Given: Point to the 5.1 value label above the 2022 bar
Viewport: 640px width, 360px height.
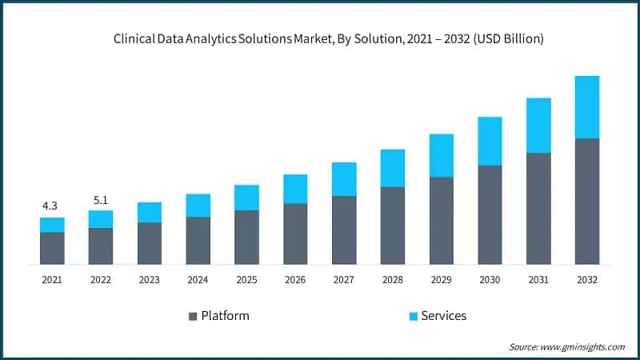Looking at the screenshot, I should coord(101,199).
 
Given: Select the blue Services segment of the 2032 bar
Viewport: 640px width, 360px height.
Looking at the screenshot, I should coord(587,107).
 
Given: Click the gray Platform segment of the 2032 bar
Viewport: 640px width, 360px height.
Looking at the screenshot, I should coord(587,201).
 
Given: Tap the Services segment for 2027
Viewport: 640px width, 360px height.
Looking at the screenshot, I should coord(344,179).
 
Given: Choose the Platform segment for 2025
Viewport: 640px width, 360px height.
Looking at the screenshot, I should coord(246,237).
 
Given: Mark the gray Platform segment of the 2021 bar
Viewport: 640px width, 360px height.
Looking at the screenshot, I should coord(52,248).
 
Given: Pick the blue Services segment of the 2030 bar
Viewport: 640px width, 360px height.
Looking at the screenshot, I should coord(490,141).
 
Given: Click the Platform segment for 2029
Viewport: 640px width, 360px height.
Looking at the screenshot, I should coord(441,220).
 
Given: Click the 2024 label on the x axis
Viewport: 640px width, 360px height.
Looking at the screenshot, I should coord(198,280).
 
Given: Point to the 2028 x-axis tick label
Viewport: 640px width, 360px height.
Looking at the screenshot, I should coord(392,280).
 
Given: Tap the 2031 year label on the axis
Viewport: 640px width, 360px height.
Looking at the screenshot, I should coord(538,280).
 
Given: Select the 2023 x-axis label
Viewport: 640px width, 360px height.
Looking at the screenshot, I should coord(149,280).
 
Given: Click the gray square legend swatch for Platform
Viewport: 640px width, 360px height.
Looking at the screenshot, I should coord(192,316).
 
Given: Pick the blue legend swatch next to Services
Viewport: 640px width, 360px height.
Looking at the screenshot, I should coord(413,316).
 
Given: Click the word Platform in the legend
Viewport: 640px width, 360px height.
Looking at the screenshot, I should coord(225,315).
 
